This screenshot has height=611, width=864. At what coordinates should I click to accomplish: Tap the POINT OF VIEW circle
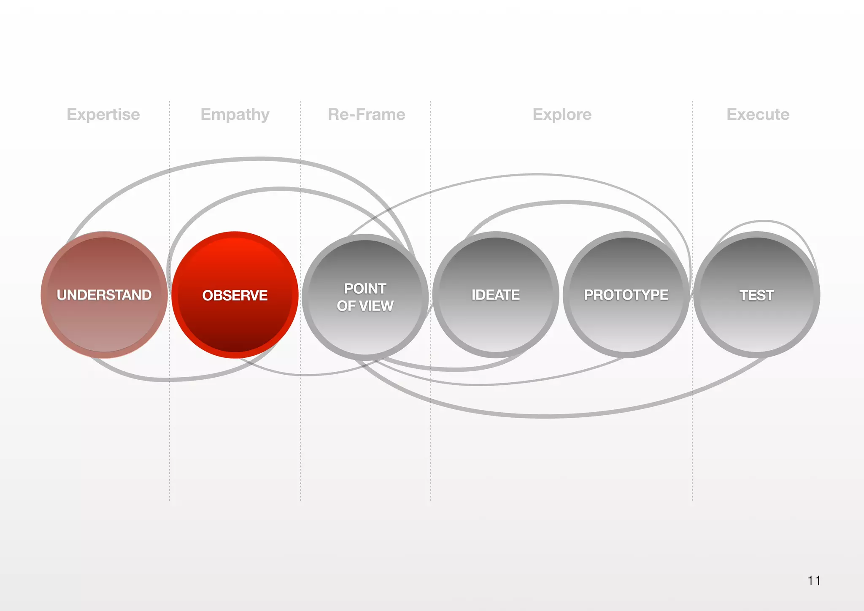click(365, 329)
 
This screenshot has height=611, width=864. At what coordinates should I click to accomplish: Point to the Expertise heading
click(103, 114)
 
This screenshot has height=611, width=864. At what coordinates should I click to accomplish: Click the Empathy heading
click(235, 114)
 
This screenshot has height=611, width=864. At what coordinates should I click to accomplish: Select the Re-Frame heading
click(367, 114)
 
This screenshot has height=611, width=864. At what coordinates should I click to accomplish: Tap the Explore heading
click(562, 114)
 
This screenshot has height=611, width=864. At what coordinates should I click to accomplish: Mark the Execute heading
click(758, 114)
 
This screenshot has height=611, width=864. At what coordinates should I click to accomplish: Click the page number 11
click(814, 581)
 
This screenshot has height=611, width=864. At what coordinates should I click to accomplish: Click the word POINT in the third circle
click(365, 289)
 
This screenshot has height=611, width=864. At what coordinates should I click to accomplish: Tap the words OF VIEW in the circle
click(365, 306)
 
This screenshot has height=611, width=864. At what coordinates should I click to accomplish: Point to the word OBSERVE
click(235, 295)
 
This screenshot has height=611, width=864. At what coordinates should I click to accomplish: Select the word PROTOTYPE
click(626, 295)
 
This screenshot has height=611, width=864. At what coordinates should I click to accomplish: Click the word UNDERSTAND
click(104, 295)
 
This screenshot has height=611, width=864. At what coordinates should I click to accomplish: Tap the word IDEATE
click(496, 295)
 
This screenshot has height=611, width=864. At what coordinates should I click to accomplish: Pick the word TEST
click(757, 295)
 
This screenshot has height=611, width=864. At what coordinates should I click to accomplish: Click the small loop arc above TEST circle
click(764, 221)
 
